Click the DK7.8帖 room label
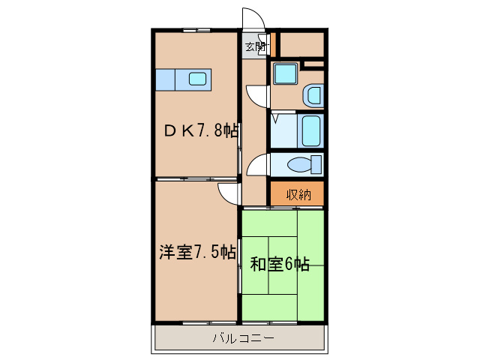coord(201,130)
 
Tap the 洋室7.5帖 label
coord(196,252)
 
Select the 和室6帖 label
coord(280,263)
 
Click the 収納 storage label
coord(297,194)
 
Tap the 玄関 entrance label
coord(255,46)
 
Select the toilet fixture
coord(307,164)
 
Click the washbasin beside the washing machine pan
coord(313,95)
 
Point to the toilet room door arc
coord(256,163)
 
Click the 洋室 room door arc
coord(227,194)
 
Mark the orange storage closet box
coord(297,193)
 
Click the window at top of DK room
coord(196,30)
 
